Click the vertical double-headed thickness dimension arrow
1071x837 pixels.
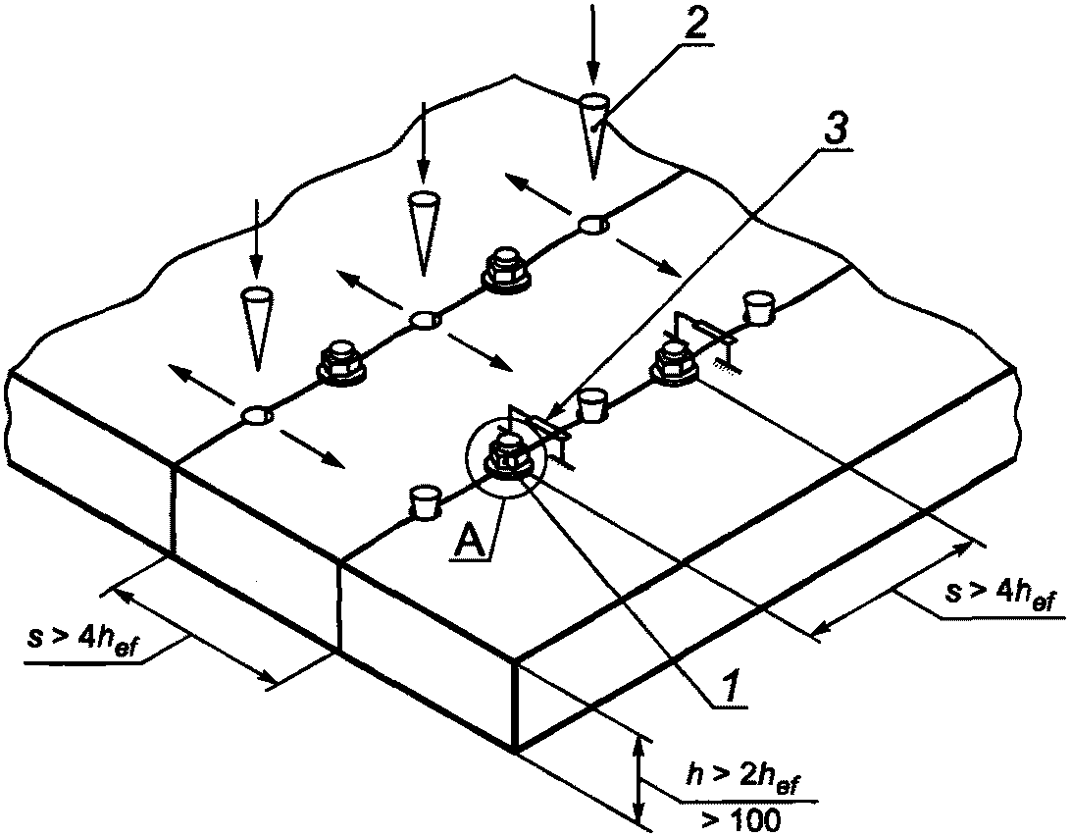pos(638,780)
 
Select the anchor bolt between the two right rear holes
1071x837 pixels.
pos(506,271)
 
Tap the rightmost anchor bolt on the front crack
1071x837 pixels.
pos(674,363)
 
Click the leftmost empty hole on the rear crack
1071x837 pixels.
pos(256,415)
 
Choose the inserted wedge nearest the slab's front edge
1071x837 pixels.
pos(424,502)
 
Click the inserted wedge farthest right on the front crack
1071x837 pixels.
pos(758,307)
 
